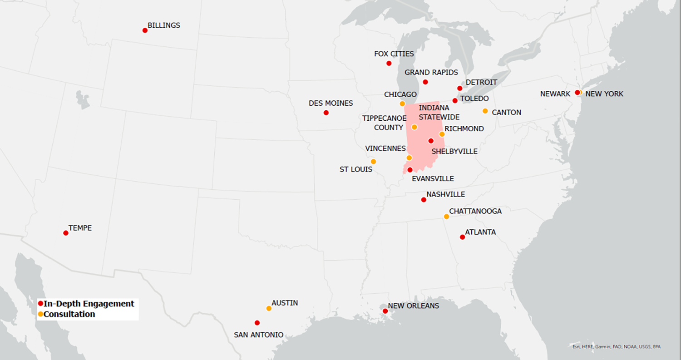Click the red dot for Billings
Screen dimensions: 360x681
click(x=145, y=30)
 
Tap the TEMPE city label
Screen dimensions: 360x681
click(x=80, y=228)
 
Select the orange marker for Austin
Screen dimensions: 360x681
click(x=269, y=308)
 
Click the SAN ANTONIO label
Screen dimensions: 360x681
click(x=258, y=335)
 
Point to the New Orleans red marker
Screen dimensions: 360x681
click(x=385, y=311)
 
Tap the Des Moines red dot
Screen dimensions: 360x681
click(x=326, y=113)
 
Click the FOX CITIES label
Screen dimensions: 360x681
click(x=394, y=54)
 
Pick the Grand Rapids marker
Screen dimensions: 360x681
click(x=425, y=82)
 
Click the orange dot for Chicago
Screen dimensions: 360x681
click(x=402, y=104)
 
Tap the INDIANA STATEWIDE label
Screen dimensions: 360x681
click(x=433, y=113)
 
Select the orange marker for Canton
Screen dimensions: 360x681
click(x=485, y=111)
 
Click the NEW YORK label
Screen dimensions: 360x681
click(x=604, y=94)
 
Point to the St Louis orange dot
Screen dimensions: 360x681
click(x=373, y=162)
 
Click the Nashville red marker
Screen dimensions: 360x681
click(x=424, y=200)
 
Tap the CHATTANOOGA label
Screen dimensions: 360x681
click(x=475, y=211)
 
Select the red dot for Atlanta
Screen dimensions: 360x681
click(x=462, y=237)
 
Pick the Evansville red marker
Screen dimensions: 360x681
click(x=410, y=170)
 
